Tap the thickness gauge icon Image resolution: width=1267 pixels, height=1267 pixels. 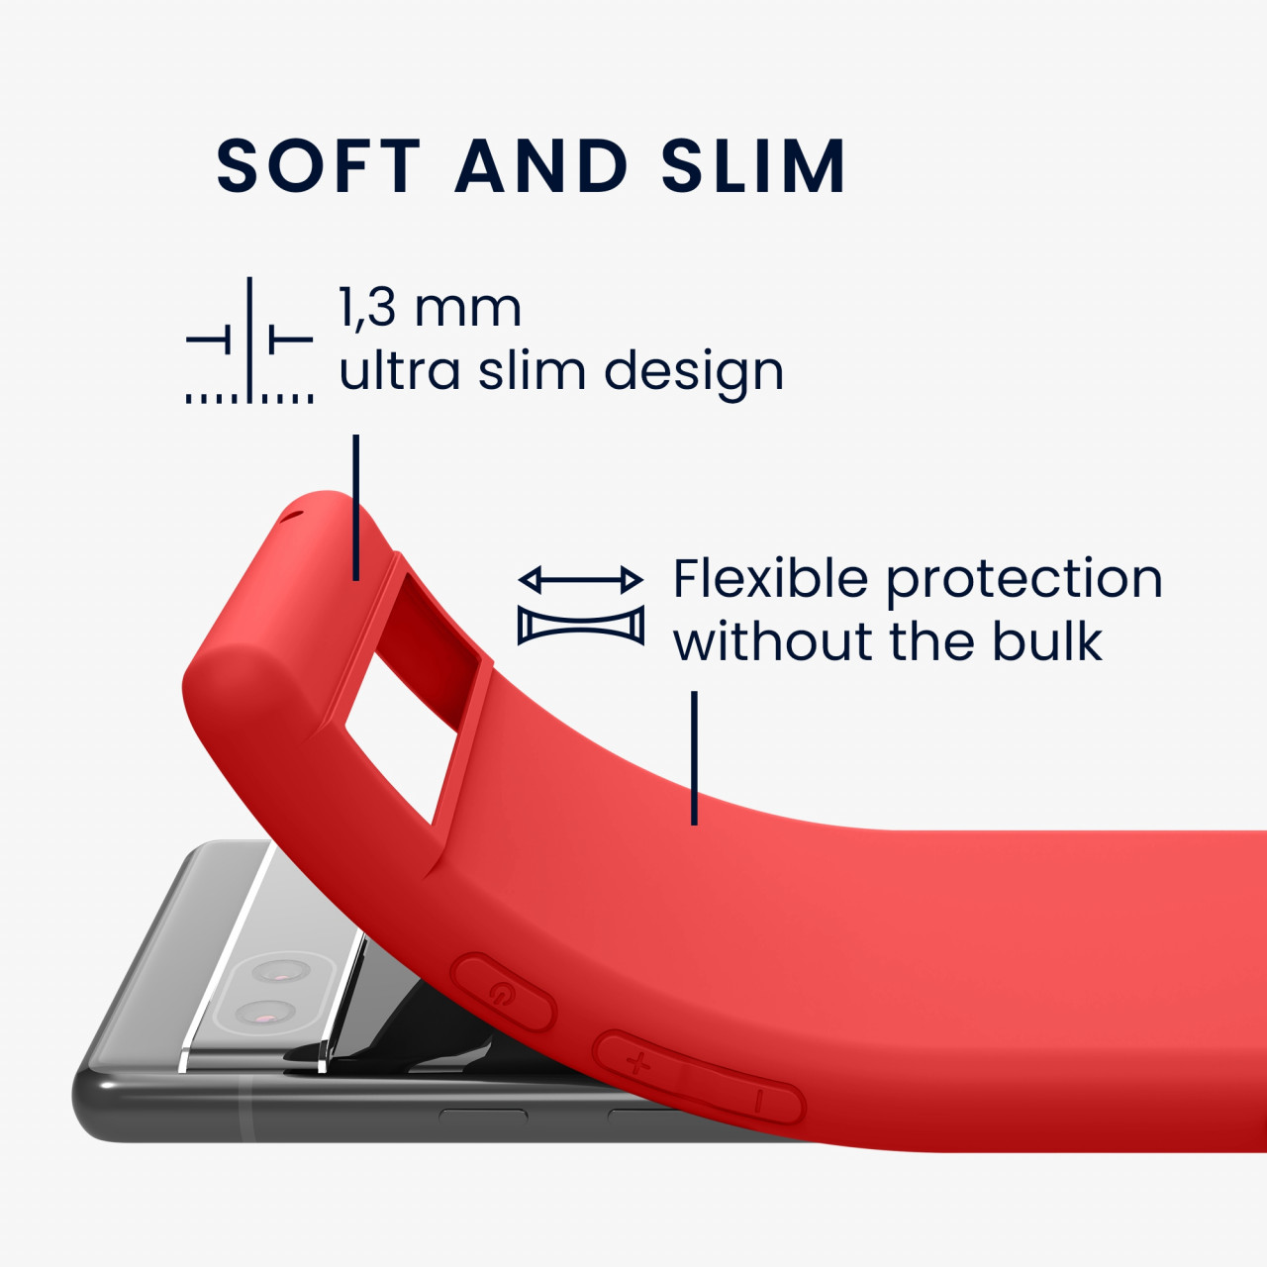coord(249,340)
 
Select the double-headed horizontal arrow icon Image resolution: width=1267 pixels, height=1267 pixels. coord(581,580)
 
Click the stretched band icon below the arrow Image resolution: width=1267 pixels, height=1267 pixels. coord(581,625)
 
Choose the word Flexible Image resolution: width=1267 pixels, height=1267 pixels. coord(770,578)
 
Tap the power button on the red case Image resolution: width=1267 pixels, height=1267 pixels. coord(504,992)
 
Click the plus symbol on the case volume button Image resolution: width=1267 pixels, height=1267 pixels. coord(637,1062)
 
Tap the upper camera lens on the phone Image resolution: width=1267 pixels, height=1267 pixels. coord(281,971)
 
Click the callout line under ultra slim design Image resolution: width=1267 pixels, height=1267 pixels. coord(355,507)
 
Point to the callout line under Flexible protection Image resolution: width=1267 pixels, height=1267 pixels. coord(694,757)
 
